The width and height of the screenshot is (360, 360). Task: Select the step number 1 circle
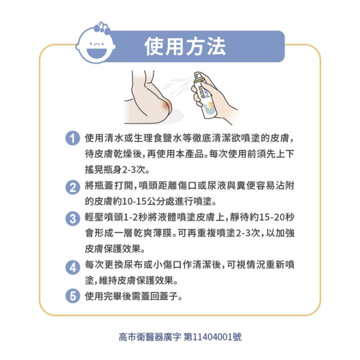[x=71, y=138]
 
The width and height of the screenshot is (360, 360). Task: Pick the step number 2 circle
[x=71, y=188]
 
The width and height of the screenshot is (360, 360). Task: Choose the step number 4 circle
[x=71, y=268]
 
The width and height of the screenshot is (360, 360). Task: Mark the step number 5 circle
[x=71, y=296]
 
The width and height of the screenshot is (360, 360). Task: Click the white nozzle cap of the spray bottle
[x=198, y=76]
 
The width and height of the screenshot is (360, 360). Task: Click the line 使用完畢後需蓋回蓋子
[x=133, y=296]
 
